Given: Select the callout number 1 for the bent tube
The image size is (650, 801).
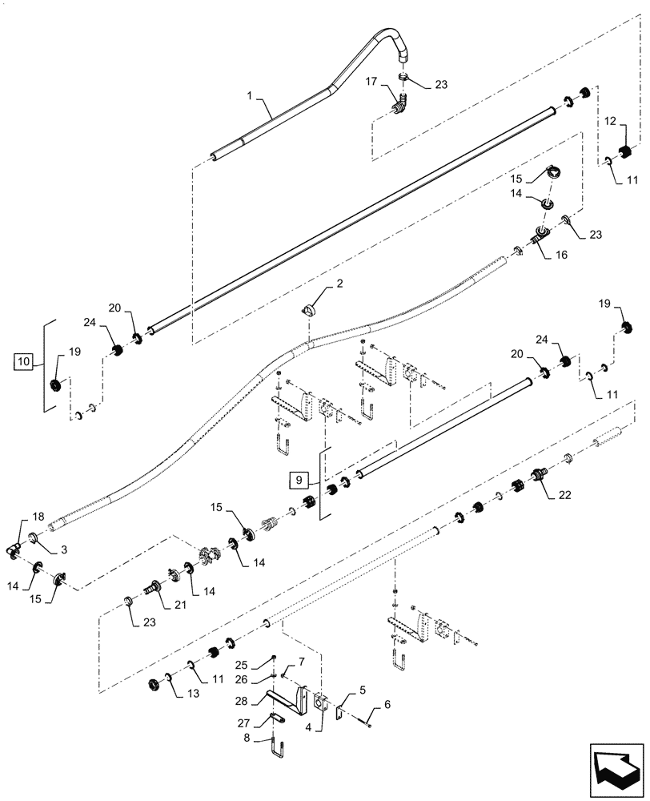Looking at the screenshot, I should pos(250,95).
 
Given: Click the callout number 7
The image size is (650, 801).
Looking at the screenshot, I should pos(301,661).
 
